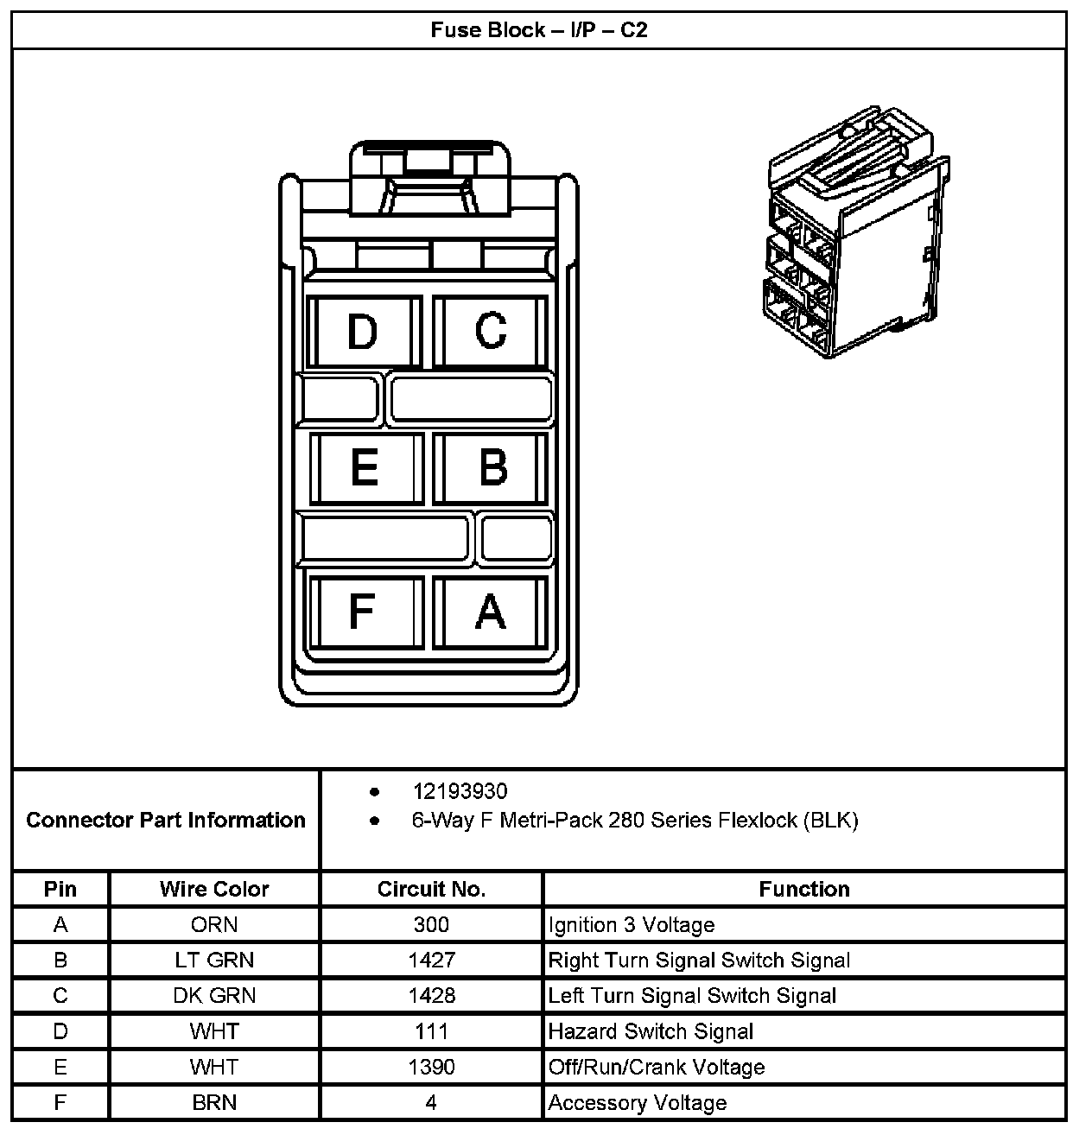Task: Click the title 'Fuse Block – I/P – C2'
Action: pyautogui.click(x=539, y=30)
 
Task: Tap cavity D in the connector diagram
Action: pyautogui.click(x=363, y=332)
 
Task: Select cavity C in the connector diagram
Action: pyautogui.click(x=491, y=330)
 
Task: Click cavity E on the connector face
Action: pyautogui.click(x=365, y=467)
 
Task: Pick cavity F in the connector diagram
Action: pyautogui.click(x=362, y=612)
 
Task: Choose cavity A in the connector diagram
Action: pyautogui.click(x=491, y=612)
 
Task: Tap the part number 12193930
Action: pyautogui.click(x=460, y=791)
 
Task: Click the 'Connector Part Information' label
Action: pyautogui.click(x=166, y=820)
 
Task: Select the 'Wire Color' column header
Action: pyautogui.click(x=214, y=889)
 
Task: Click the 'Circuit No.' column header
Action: pyautogui.click(x=431, y=889)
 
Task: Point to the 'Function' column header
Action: pyautogui.click(x=804, y=889)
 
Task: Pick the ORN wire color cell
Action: pyautogui.click(x=214, y=925)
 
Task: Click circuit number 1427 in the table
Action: pyautogui.click(x=431, y=961)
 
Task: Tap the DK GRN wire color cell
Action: pyautogui.click(x=214, y=996)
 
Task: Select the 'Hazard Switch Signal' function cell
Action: pyautogui.click(x=651, y=1031)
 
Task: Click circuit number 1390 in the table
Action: pyautogui.click(x=431, y=1067)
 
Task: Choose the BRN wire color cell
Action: pyautogui.click(x=214, y=1103)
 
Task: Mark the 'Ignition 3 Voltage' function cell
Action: pyautogui.click(x=632, y=925)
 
